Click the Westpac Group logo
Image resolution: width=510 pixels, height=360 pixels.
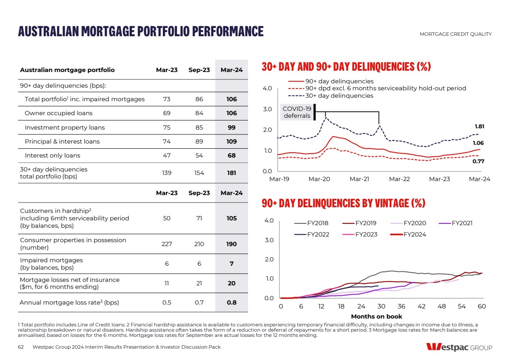[459, 347]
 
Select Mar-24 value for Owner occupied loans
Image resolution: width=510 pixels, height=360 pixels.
[231, 113]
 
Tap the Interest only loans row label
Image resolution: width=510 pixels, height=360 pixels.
[52, 155]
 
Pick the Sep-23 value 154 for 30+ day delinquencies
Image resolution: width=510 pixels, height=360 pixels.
[199, 173]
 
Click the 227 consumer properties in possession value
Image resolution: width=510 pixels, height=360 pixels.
[167, 244]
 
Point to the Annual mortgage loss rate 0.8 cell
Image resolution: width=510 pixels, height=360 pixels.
[231, 302]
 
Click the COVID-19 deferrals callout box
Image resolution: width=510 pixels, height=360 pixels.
[297, 112]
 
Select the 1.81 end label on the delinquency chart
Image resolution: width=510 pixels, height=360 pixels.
[479, 127]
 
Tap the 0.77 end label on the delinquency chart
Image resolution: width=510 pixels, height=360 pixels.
[479, 161]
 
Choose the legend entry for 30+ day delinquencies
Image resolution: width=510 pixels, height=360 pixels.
[339, 96]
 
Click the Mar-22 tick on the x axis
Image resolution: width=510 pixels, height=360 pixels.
[399, 179]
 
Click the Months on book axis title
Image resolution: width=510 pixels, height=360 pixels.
[376, 316]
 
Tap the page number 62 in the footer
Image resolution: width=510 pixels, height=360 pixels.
[21, 347]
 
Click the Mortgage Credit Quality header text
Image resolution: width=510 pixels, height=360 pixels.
[455, 34]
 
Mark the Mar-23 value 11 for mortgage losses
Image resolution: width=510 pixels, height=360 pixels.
[167, 283]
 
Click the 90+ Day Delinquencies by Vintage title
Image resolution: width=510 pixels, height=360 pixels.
[343, 203]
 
